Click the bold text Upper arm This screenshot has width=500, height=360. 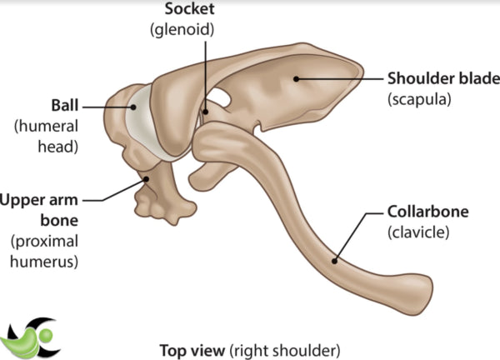pos(42,201)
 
